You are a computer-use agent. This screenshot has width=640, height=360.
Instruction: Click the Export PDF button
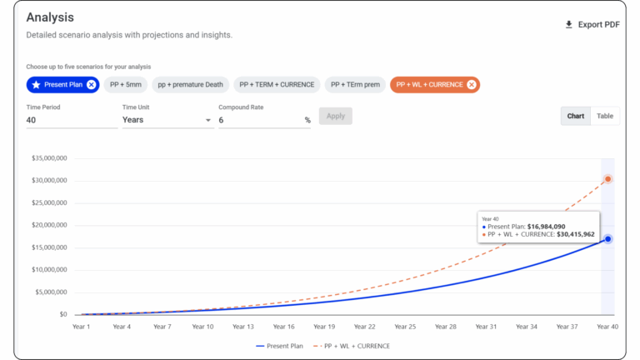[x=592, y=24]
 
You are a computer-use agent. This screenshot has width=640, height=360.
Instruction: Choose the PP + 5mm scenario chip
[x=125, y=84]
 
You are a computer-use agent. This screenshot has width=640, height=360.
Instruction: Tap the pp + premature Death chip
[x=190, y=84]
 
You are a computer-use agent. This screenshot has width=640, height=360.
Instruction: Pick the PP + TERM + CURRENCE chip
[x=276, y=84]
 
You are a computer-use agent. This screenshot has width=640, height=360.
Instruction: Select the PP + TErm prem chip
[x=355, y=84]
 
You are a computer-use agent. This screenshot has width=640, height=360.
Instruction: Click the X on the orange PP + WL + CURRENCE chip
[x=472, y=84]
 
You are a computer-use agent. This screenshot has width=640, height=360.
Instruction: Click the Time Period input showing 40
[x=71, y=120]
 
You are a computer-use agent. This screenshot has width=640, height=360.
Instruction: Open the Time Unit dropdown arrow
[x=208, y=120]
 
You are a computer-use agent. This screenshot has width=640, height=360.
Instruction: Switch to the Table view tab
[x=604, y=116]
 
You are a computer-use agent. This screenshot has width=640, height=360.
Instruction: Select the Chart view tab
[x=576, y=116]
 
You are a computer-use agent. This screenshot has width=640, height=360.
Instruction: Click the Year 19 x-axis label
[x=324, y=327]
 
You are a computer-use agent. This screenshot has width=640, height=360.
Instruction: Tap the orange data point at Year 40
[x=608, y=179]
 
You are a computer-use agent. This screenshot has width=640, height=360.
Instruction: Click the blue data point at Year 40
[x=608, y=239]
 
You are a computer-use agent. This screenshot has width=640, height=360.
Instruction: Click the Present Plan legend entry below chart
[x=282, y=345]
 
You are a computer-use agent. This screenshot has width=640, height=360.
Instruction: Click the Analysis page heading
[x=50, y=17]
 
